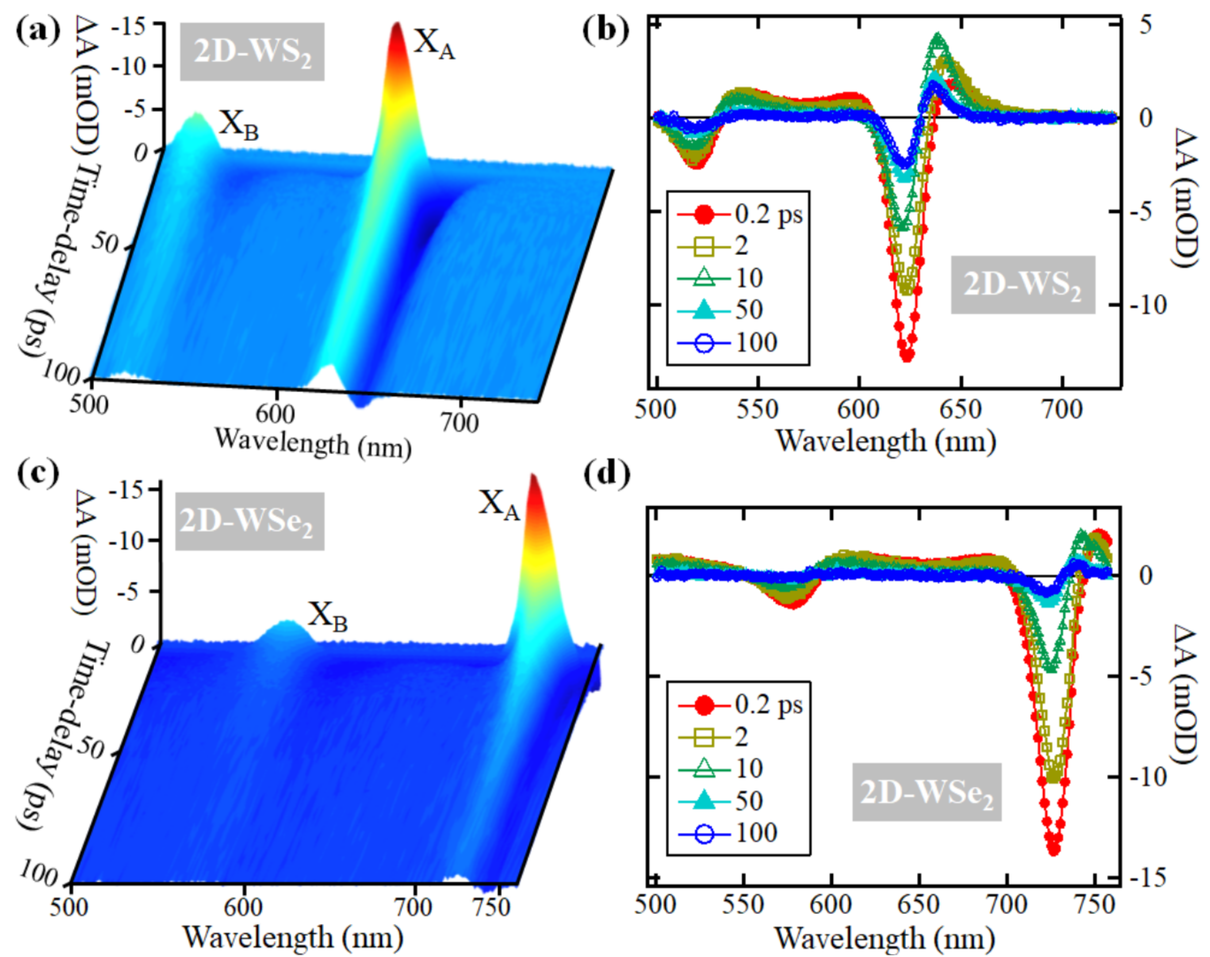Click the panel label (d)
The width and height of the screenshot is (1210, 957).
click(606, 474)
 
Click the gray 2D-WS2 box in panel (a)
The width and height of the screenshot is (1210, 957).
click(252, 52)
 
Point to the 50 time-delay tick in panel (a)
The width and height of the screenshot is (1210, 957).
click(105, 244)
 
